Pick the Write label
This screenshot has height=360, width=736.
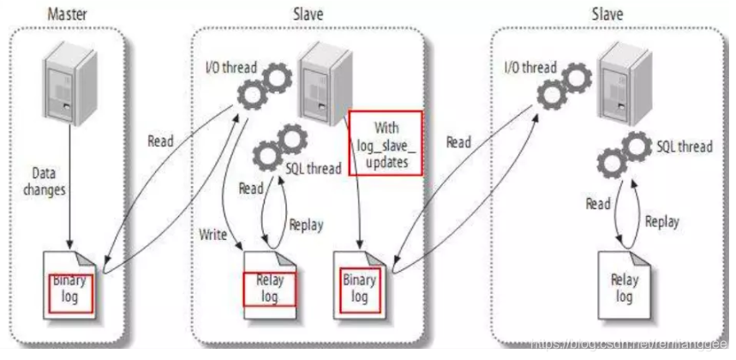[x=213, y=232]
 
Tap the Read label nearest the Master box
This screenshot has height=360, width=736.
[x=161, y=141]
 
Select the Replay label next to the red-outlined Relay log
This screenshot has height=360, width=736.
[x=307, y=225]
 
